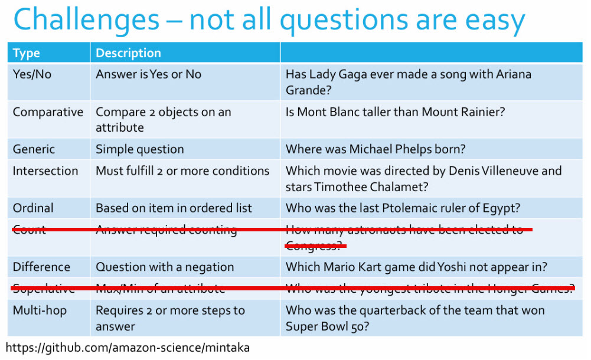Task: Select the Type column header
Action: coord(26,53)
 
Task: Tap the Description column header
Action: coord(128,53)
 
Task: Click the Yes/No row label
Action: coord(32,74)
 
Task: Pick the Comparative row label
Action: coord(48,112)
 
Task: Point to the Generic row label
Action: coord(34,149)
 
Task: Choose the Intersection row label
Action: coord(45,171)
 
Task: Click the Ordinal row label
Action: coord(33,208)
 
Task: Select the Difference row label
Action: coord(41,267)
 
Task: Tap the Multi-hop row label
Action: coord(40,310)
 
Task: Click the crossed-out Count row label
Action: coord(29,230)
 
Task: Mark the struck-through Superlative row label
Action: coord(44,289)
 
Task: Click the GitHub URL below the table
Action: coord(128,348)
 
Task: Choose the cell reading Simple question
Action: coord(139,149)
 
